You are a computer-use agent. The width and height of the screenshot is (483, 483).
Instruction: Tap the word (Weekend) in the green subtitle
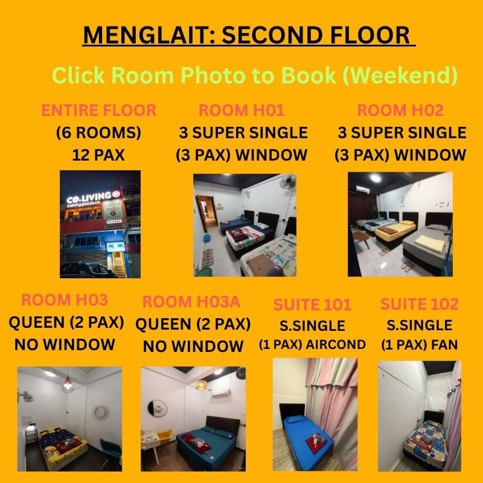pyautogui.click(x=400, y=75)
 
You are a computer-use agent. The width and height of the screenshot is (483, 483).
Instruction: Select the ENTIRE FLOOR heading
pyautogui.click(x=98, y=110)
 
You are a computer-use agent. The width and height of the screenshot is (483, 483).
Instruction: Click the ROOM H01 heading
pyautogui.click(x=241, y=110)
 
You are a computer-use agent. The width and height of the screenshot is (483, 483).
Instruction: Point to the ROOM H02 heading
pyautogui.click(x=400, y=110)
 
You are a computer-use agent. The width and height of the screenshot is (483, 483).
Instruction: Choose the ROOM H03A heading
pyautogui.click(x=191, y=301)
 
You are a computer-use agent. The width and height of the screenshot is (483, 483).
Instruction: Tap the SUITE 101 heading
pyautogui.click(x=312, y=305)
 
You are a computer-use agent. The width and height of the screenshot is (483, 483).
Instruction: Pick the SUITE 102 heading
pyautogui.click(x=419, y=304)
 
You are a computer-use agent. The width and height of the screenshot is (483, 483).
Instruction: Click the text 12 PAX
pyautogui.click(x=98, y=155)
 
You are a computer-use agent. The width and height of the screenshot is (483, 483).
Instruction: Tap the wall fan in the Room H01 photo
pyautogui.click(x=288, y=182)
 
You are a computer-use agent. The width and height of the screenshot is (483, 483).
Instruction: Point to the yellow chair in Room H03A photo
pyautogui.click(x=165, y=436)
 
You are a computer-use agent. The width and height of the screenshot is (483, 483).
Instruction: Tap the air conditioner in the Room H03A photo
pyautogui.click(x=220, y=392)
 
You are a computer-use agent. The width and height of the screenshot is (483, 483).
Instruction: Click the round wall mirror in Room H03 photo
pyautogui.click(x=100, y=412)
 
